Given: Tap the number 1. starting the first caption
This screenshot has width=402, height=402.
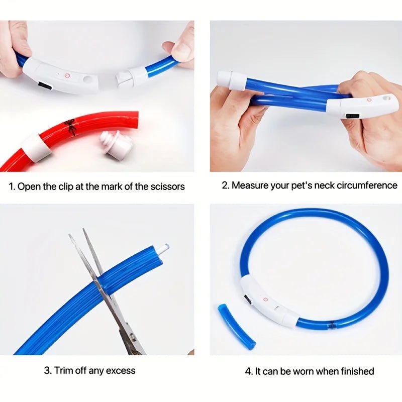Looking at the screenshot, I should coord(12,186).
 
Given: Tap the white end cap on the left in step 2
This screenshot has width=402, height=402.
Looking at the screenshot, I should coord(231,80).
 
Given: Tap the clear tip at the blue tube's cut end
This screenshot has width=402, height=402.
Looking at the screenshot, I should coord(163,248).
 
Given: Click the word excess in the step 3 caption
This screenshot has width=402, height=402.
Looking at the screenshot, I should coord(122,371).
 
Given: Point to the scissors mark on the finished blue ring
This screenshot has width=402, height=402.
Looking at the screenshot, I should coord(332,325).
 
